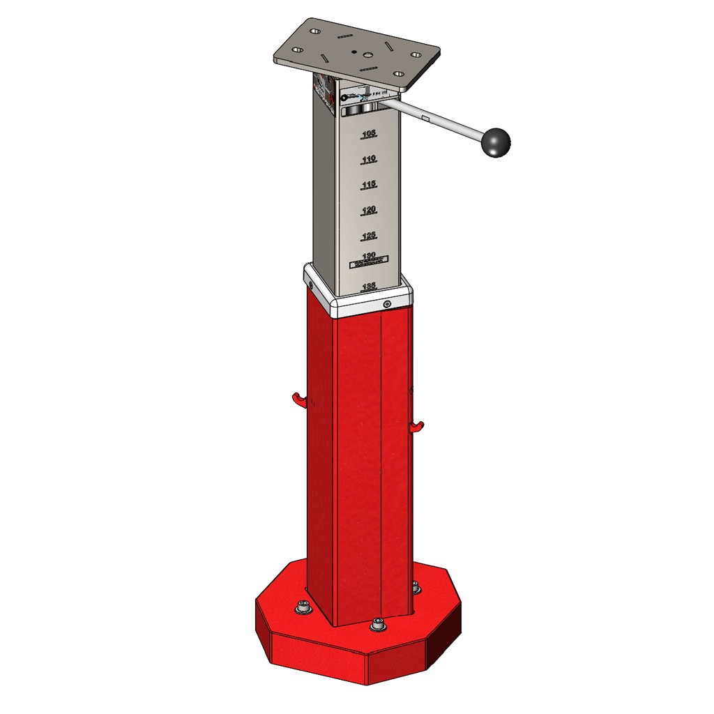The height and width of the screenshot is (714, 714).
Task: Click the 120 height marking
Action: pos(370,210)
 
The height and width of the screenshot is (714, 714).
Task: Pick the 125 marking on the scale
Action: pos(370,236)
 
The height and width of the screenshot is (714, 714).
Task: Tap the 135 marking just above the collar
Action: pos(370,286)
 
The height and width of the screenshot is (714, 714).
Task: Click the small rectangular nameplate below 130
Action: pos(368,264)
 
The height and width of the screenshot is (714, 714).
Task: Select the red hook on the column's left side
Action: pos(298,400)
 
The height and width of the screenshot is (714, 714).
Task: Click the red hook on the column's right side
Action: pos(417,426)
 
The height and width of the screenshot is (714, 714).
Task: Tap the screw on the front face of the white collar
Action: pos(387,304)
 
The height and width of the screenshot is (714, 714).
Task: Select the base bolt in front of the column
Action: pos(378,624)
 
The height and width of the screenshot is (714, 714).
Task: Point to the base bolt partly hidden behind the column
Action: pos(416,587)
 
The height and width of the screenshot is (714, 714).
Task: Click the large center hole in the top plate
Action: pos(356,52)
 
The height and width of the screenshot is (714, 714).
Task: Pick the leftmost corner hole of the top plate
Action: pos(298,50)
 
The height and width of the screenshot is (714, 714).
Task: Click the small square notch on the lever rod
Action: pos(425,118)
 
